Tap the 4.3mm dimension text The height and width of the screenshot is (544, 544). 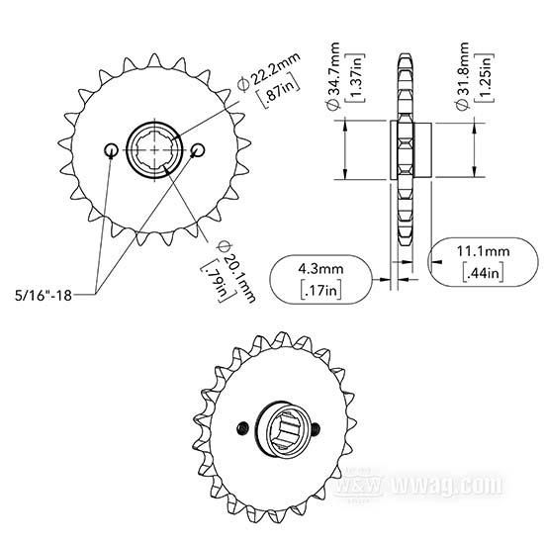point(323,268)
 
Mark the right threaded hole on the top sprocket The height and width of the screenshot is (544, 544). point(199,149)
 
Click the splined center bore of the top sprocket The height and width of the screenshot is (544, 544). point(155,149)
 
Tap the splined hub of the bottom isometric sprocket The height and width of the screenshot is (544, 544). point(280,427)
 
